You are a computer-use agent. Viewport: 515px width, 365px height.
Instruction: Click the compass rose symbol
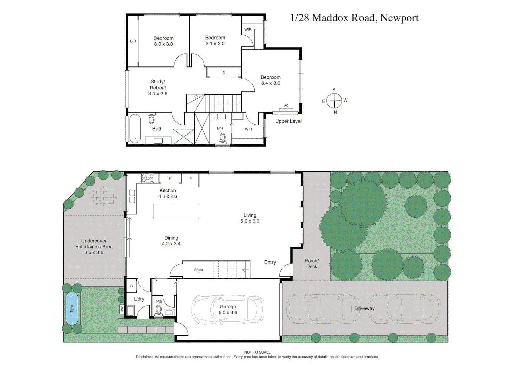pos(334,101)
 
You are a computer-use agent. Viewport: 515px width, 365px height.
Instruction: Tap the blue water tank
pos(72,308)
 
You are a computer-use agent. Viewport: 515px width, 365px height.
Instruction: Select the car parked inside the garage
pos(228,310)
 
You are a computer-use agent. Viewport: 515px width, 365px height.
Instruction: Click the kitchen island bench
pos(176,212)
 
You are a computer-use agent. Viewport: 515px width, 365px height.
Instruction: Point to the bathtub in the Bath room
pos(135,128)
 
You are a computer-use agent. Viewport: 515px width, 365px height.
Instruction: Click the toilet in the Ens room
pos(223,139)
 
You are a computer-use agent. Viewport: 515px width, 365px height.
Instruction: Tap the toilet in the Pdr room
pos(159,310)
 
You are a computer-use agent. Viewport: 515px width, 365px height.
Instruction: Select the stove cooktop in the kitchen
pos(148,178)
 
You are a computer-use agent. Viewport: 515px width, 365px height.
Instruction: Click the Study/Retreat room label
pos(158,88)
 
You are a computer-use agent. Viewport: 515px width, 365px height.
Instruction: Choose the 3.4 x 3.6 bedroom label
pos(270,80)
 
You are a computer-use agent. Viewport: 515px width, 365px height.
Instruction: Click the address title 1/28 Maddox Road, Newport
pos(354,18)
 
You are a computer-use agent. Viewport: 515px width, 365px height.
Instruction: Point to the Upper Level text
pos(288,121)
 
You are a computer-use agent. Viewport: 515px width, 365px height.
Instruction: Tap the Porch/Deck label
pos(312,264)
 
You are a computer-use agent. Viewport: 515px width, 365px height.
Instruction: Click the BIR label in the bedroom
pos(133,41)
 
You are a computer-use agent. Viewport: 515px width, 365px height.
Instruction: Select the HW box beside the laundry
pos(122,309)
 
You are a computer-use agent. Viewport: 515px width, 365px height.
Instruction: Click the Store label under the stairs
pos(198,270)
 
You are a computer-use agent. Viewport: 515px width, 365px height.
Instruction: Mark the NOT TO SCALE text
pos(257,352)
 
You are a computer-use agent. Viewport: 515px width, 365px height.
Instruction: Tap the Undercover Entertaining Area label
pos(94,247)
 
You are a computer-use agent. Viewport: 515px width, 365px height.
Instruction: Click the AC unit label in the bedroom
pos(286,106)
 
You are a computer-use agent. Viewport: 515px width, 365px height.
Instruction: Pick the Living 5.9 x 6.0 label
pos(250,218)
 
